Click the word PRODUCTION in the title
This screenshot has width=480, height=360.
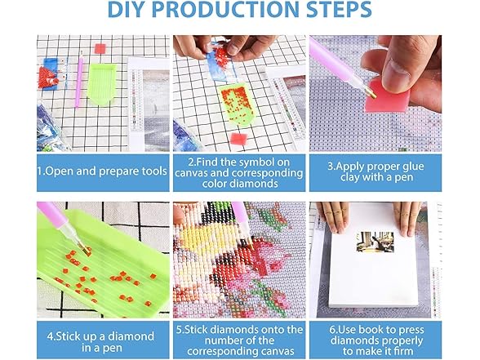(225, 9)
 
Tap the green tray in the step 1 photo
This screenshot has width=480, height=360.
(103, 83)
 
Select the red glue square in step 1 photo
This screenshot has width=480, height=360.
(100, 49)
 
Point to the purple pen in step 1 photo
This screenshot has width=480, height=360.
(79, 80)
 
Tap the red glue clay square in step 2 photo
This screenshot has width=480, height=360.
(238, 139)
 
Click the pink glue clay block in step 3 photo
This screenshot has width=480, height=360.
(387, 95)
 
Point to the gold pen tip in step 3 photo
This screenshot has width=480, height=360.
(371, 93)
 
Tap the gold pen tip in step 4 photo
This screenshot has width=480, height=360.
(85, 248)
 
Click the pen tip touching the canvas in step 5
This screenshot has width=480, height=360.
(250, 242)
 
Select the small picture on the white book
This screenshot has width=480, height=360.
(375, 242)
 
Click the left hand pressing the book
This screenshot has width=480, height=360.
(333, 216)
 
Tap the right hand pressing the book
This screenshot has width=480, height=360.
(407, 218)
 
